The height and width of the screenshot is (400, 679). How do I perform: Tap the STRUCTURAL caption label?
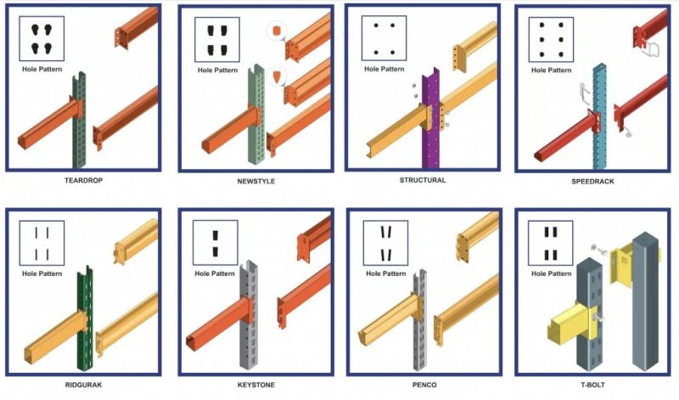pos(422,180)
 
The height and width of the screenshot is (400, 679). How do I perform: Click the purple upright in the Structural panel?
pos(430,127)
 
